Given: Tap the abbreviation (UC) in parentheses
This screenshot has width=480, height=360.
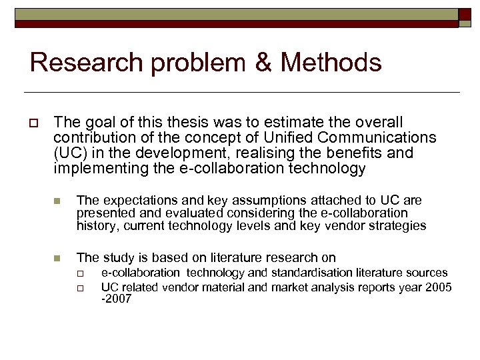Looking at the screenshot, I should pyautogui.click(x=69, y=153).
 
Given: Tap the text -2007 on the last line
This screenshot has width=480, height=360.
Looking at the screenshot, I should pyautogui.click(x=116, y=299).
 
